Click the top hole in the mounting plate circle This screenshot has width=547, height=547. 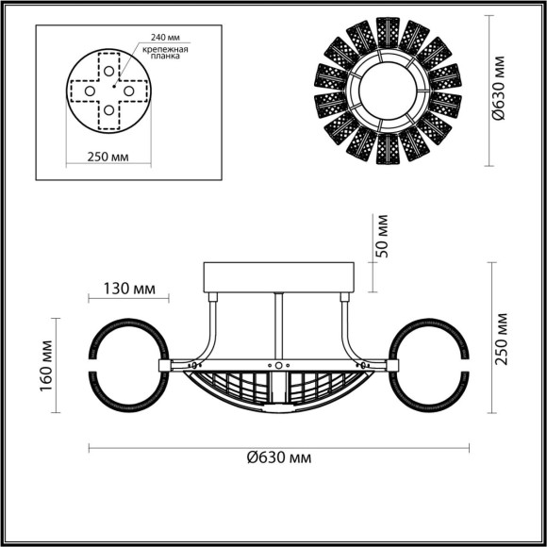[110, 72]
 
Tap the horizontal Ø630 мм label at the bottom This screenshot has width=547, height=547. [280, 456]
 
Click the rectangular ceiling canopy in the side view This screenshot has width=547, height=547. [280, 277]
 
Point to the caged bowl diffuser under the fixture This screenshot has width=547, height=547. [280, 391]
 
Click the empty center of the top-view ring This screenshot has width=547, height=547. [387, 91]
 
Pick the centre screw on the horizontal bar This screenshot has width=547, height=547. [279, 364]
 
